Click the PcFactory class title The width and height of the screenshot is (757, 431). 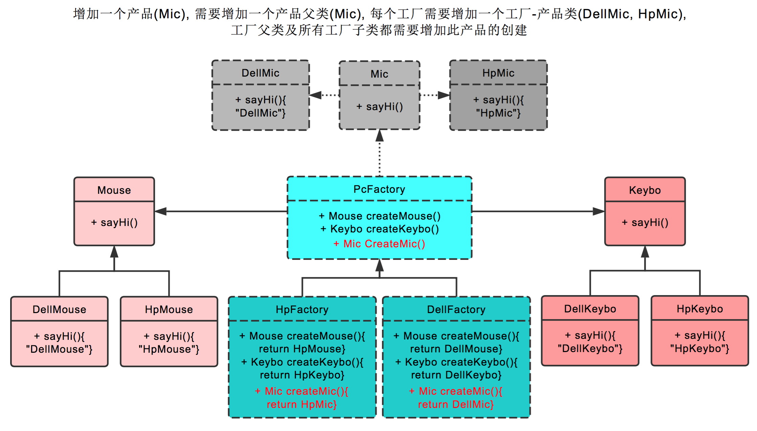tap(379, 189)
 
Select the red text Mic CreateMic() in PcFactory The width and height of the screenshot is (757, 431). tap(379, 244)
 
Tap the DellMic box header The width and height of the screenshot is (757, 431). tap(260, 73)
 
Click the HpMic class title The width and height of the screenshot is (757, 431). tap(498, 73)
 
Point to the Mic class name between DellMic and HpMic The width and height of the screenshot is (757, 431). tap(379, 74)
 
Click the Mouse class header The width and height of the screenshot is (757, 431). tap(114, 190)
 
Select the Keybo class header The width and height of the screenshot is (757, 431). tap(645, 190)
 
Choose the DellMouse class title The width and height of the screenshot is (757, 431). tap(59, 309)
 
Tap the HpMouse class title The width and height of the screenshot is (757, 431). tap(169, 309)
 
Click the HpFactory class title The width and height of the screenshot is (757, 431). tap(302, 309)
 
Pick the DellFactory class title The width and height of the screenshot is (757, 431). tap(456, 309)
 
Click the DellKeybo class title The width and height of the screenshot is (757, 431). tap(590, 309)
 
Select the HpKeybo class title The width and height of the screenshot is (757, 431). tap(699, 309)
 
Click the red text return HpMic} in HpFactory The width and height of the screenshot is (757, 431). tap(302, 404)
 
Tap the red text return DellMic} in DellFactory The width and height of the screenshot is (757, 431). tap(456, 404)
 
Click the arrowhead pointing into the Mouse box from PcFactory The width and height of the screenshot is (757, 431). tap(160, 211)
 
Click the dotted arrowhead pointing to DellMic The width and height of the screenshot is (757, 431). tap(315, 95)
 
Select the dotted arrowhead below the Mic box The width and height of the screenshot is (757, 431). tap(380, 136)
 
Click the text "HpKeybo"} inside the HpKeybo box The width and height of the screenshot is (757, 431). tap(699, 349)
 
